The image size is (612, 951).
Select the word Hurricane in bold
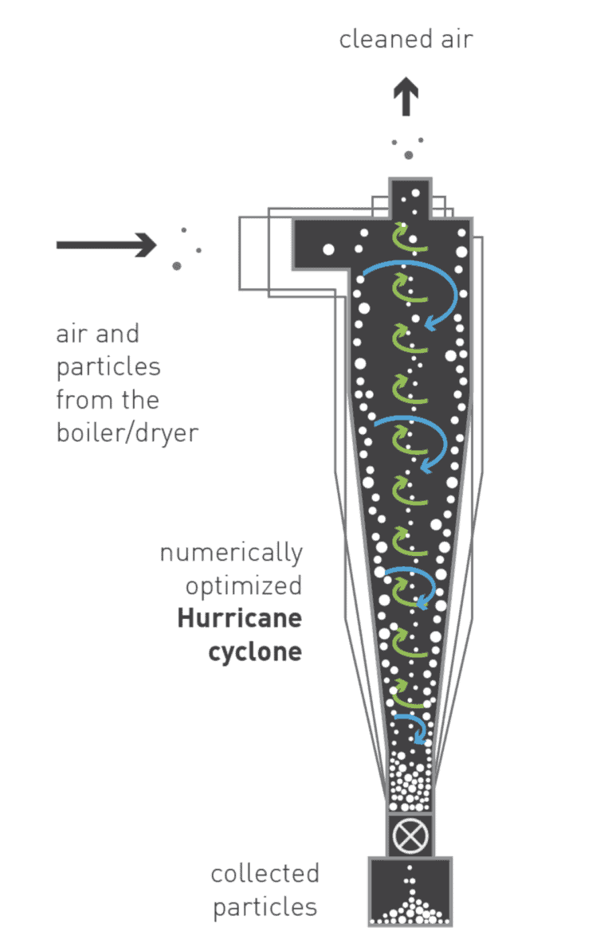240,619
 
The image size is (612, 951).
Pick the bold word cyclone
255,652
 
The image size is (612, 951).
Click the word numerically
231,552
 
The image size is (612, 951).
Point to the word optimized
244,586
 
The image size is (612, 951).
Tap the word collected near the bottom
265,873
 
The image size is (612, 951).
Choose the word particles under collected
265,906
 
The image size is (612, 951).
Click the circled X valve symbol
410,836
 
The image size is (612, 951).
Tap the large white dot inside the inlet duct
328,249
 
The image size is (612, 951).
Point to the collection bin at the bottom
410,891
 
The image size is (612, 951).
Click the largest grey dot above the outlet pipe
409,155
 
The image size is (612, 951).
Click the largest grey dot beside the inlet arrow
176,265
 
